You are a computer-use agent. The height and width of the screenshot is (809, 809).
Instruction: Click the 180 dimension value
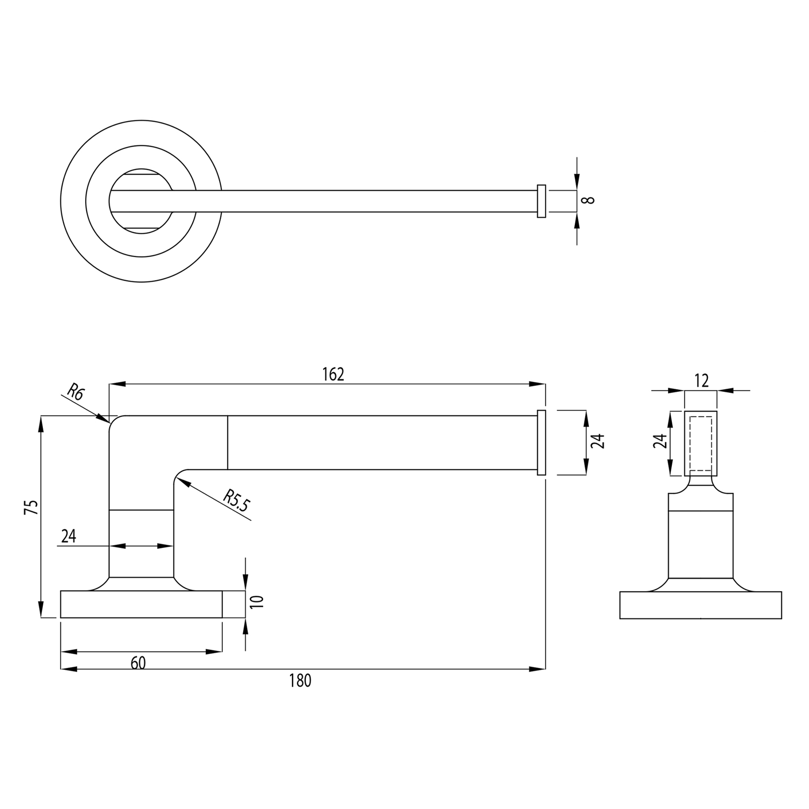pos(300,681)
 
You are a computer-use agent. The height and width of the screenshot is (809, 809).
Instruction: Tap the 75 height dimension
pos(32,507)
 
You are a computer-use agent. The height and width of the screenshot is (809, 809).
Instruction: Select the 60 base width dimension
pos(138,663)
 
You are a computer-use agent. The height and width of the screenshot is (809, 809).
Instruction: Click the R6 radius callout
pos(76,392)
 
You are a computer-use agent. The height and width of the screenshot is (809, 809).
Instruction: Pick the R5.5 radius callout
pos(236,500)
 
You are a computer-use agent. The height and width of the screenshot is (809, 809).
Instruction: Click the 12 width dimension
pos(701,381)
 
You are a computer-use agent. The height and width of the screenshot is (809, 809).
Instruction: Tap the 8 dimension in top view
pos(589,200)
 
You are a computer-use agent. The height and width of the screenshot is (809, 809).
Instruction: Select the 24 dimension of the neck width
pos(69,536)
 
